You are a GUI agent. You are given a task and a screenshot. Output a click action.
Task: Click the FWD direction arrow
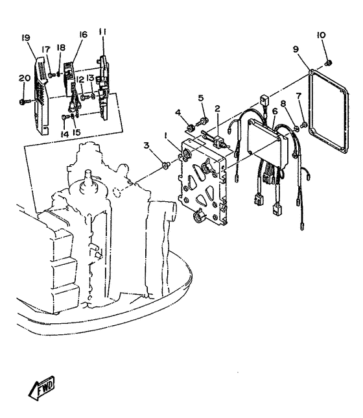coord(41,387)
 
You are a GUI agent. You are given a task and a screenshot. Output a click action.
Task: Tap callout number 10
coord(321,36)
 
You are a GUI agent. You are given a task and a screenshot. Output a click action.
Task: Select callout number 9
coord(296,49)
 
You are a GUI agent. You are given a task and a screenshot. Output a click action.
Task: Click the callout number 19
coord(26,38)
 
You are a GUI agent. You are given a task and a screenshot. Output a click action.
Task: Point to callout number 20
coord(25,79)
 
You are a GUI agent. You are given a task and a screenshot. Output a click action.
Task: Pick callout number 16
coord(83,34)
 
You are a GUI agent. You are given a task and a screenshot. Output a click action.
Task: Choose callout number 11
coord(102,31)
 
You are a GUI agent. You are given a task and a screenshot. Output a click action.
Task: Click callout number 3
coord(146,145)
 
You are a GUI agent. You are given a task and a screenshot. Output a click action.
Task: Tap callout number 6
coord(275,112)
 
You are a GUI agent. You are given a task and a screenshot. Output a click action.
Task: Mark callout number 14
coord(64,134)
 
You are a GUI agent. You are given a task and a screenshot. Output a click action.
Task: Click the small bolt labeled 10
coord(329,63)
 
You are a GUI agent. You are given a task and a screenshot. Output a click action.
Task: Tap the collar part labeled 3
coord(167,166)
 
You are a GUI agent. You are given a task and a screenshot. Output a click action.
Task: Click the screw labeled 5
coord(202,121)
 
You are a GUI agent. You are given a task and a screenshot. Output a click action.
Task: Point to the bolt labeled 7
coord(303,125)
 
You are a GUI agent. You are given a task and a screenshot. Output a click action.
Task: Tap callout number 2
coord(218,108)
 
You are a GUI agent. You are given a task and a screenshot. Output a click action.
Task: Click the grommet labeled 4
coord(191,129)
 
